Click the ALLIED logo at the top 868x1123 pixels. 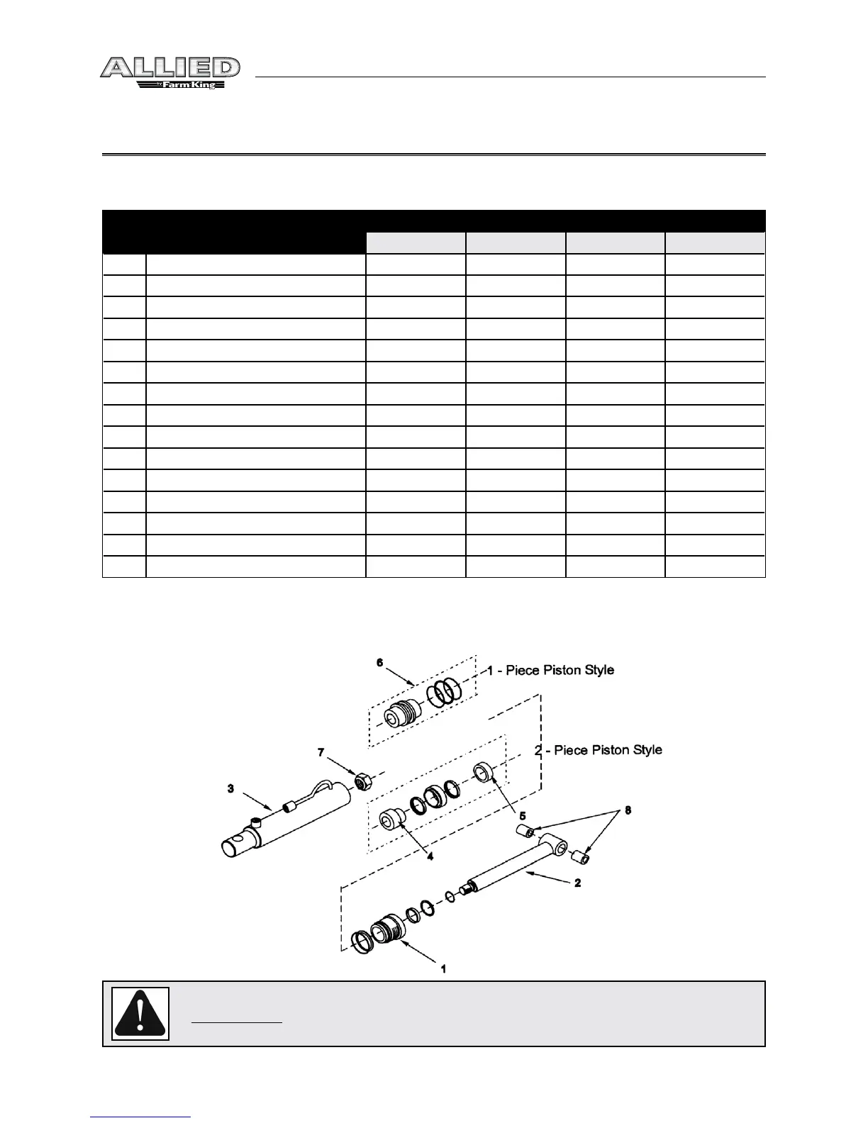point(169,68)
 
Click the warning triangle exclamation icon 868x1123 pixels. point(141,1014)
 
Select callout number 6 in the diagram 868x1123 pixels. point(380,662)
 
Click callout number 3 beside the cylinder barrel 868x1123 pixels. point(231,788)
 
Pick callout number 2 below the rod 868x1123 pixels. point(578,883)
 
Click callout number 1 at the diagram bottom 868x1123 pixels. point(443,968)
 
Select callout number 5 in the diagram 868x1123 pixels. point(523,816)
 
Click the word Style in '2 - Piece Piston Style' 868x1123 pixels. point(646,749)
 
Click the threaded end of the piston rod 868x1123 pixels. point(468,887)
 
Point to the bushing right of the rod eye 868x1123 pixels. point(582,858)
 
